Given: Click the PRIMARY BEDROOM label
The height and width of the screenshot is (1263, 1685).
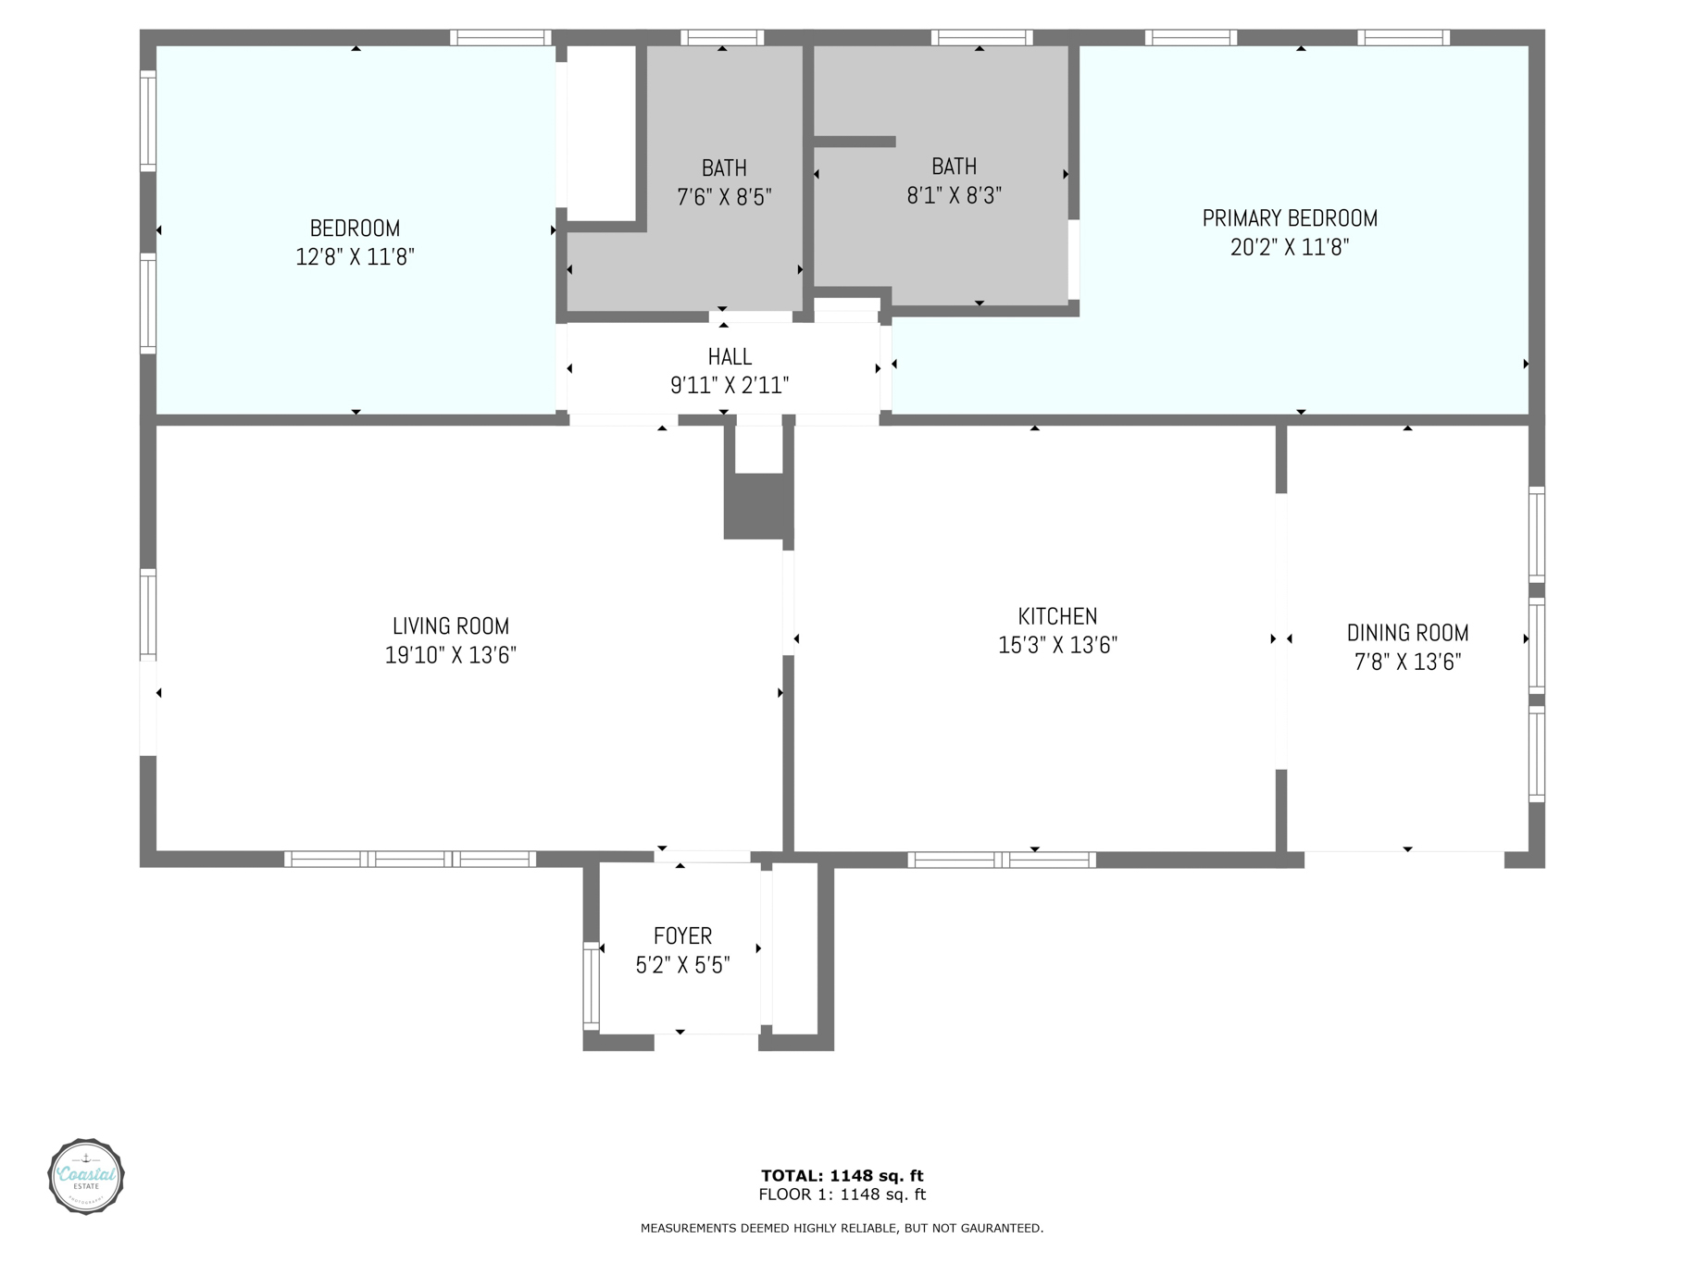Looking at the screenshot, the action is coord(1290,218).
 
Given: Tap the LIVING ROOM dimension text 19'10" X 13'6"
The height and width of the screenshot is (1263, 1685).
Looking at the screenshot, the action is coord(451,655).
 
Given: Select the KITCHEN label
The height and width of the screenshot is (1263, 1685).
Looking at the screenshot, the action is coord(1057,616).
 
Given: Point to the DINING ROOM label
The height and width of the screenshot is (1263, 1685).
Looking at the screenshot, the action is coord(1407,633).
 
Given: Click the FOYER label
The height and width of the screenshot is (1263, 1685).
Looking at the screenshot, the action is coord(682,936).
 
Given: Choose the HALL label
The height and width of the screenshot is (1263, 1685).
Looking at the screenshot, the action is coord(730,356).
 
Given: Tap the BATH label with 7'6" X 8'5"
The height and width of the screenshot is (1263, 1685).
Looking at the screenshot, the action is coord(724,168).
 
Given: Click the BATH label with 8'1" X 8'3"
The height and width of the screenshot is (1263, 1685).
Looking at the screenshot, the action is coord(955,167).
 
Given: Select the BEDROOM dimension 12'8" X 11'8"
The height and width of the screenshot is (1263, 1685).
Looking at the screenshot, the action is coord(355,257).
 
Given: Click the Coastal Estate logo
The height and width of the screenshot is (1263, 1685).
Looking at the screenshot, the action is coord(86,1176).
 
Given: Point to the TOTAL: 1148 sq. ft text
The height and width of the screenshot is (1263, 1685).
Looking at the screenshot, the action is coord(842,1176).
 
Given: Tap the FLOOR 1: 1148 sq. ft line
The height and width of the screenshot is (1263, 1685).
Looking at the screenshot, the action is coord(842,1195).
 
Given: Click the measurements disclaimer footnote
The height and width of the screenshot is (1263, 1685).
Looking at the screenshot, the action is coord(842,1229).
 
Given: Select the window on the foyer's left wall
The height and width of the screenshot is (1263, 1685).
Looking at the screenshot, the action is coord(591,985).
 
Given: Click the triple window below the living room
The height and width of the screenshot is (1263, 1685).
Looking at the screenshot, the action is coord(410,860).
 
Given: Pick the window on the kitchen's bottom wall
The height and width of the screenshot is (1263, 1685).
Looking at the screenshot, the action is coord(1002,860).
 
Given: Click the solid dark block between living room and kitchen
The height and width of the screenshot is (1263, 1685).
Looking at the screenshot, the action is coord(758,506).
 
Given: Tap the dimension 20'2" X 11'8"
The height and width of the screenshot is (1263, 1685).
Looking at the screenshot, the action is coord(1290,247).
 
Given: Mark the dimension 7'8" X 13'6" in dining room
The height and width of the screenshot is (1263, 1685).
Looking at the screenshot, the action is coord(1407,662).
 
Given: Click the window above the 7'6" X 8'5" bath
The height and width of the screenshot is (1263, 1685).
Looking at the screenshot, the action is coord(722,38).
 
